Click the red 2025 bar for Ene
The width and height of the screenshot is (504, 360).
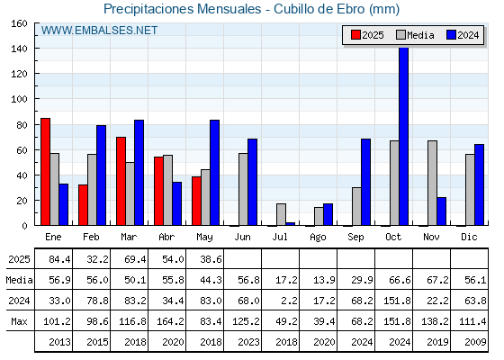click(x=45, y=172)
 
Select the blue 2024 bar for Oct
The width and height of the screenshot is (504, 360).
click(x=404, y=136)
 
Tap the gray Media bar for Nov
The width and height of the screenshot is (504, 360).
click(x=432, y=183)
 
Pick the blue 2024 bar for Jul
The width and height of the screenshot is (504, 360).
click(x=291, y=224)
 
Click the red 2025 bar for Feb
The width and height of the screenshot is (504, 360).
click(x=83, y=205)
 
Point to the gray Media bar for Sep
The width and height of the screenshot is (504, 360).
click(x=356, y=206)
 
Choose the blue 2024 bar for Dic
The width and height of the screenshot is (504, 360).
click(x=479, y=184)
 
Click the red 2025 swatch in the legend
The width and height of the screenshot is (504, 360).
click(x=355, y=35)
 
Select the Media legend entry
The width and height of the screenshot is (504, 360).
click(x=415, y=35)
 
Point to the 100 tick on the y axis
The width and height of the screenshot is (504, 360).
click(x=36, y=99)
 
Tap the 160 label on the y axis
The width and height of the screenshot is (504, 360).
click(x=19, y=23)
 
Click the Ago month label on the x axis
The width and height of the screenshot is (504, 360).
click(x=318, y=238)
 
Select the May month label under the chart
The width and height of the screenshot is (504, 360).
click(x=204, y=238)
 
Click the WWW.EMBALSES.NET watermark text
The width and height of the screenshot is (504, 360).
click(x=99, y=31)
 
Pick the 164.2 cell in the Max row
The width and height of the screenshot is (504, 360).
click(x=170, y=321)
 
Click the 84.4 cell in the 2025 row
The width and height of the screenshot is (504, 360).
click(x=59, y=259)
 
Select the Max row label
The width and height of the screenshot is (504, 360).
click(x=19, y=321)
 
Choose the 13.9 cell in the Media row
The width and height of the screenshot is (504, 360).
click(x=324, y=280)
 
